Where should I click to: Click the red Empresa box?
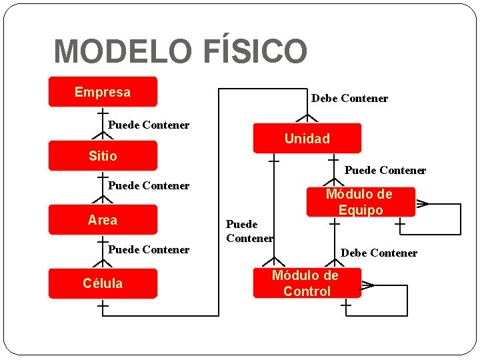[x=103, y=92]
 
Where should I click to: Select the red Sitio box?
[x=103, y=156]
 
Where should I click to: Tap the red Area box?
[x=103, y=220]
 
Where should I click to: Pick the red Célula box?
[x=103, y=283]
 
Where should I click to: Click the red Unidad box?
[x=307, y=139]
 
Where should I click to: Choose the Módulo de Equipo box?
[x=359, y=202]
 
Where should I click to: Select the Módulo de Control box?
[x=307, y=283]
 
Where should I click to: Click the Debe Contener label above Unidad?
[x=349, y=99]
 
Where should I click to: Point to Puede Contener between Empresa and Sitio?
[x=149, y=125]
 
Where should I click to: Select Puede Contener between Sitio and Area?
[x=149, y=185]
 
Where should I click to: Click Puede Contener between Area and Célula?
[x=149, y=249]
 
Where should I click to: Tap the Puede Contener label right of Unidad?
[x=385, y=171]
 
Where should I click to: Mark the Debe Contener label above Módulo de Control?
[x=379, y=253]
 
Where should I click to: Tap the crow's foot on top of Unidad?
[x=307, y=118]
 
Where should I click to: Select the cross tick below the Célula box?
[x=103, y=307]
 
